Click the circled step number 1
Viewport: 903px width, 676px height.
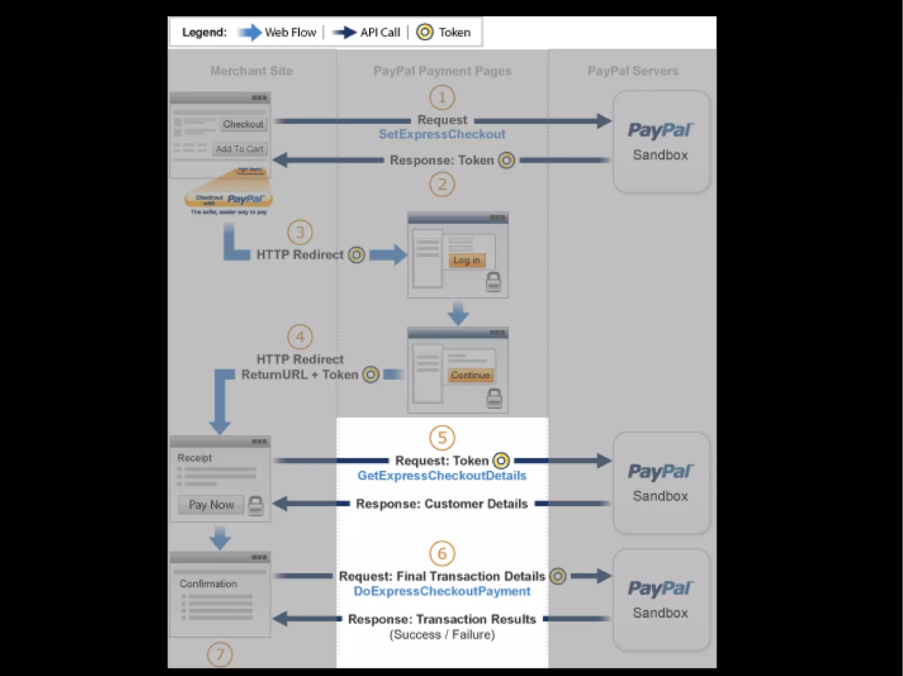tap(442, 97)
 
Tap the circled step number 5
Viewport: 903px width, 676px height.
tap(442, 438)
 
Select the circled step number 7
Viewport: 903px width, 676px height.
tap(220, 655)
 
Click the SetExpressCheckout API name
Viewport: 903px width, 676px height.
tap(442, 134)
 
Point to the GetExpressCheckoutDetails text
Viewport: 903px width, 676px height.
tap(442, 476)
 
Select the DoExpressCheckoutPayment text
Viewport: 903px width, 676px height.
tap(442, 591)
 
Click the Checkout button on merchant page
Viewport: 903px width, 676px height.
tap(243, 124)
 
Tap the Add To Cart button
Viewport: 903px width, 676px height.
tap(239, 149)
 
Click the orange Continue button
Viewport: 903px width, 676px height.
tap(470, 375)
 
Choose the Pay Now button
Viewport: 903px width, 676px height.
tap(211, 505)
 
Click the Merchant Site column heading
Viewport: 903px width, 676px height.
tap(251, 71)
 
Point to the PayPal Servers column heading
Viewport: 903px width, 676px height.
tap(633, 71)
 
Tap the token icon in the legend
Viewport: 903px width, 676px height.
tap(425, 32)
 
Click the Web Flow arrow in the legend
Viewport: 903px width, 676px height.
tap(250, 32)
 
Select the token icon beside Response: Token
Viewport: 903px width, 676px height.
tap(506, 160)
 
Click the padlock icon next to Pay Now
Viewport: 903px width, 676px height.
tap(255, 506)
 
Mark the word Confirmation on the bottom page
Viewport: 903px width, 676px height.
tap(208, 584)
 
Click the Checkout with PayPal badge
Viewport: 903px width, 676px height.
tap(229, 199)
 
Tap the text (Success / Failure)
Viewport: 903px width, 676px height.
tap(442, 635)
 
